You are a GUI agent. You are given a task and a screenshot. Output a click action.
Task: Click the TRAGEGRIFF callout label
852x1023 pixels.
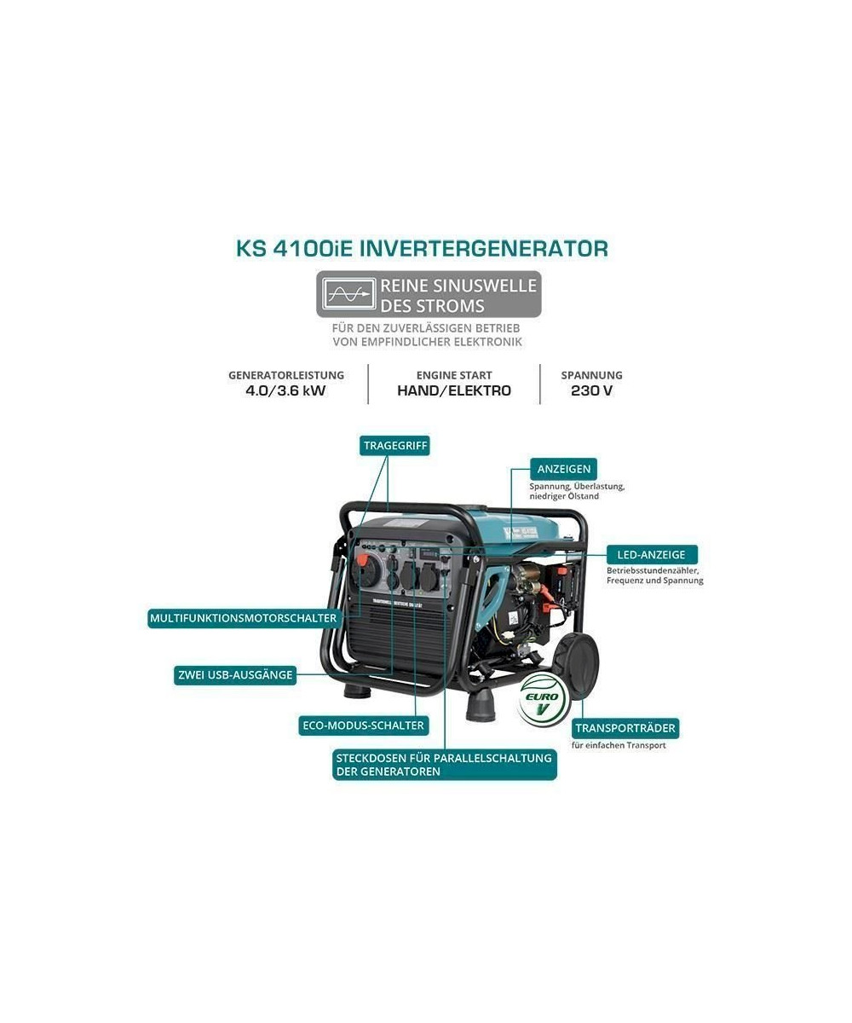tap(394, 446)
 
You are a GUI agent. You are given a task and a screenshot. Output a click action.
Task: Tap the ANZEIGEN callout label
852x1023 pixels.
tap(563, 469)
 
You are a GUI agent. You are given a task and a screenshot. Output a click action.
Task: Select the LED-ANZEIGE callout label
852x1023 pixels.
tap(651, 555)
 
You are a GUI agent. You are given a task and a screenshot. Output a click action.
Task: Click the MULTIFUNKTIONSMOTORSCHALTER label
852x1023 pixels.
tap(244, 618)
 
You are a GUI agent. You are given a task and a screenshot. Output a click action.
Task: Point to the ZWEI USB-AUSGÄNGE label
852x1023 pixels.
tap(235, 675)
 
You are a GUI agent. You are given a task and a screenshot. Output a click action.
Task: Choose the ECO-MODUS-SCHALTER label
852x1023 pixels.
tap(363, 725)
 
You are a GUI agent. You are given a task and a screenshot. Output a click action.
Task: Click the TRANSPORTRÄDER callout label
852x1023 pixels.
tap(625, 728)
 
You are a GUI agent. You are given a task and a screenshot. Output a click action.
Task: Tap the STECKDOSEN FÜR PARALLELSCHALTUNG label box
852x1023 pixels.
tap(444, 765)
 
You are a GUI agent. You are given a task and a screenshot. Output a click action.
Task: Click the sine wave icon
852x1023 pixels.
tap(349, 294)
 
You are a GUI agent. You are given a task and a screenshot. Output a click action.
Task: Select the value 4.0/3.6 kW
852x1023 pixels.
tap(285, 391)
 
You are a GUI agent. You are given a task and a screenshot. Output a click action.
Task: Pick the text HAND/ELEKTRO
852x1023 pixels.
tap(454, 391)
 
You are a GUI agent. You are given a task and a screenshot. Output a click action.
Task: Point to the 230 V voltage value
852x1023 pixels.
tap(591, 391)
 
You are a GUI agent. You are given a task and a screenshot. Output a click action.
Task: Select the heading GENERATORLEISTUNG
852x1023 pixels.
tap(286, 375)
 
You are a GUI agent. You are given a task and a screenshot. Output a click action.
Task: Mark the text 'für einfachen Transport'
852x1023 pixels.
tap(619, 746)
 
